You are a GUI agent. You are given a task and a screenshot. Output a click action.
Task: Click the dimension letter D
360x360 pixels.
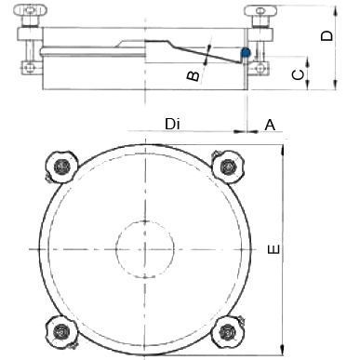[x=327, y=35]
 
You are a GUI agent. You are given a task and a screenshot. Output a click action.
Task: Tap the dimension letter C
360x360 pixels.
[x=299, y=74]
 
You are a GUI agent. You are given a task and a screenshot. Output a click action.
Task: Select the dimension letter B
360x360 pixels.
[x=193, y=75]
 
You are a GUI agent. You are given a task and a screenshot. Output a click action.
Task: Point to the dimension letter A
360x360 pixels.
[x=270, y=125]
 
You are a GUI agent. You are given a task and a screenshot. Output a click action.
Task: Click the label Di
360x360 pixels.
[x=172, y=125]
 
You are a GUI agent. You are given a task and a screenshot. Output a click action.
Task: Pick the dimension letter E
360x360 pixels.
[x=273, y=249]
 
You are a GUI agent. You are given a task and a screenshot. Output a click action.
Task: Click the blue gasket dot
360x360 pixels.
[x=246, y=53]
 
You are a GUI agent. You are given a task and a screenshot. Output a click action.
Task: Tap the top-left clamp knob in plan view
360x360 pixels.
[x=60, y=167]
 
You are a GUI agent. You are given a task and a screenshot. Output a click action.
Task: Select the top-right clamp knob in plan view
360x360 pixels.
[x=228, y=167]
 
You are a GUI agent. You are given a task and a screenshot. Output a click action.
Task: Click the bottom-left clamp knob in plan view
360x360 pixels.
[x=61, y=332]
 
